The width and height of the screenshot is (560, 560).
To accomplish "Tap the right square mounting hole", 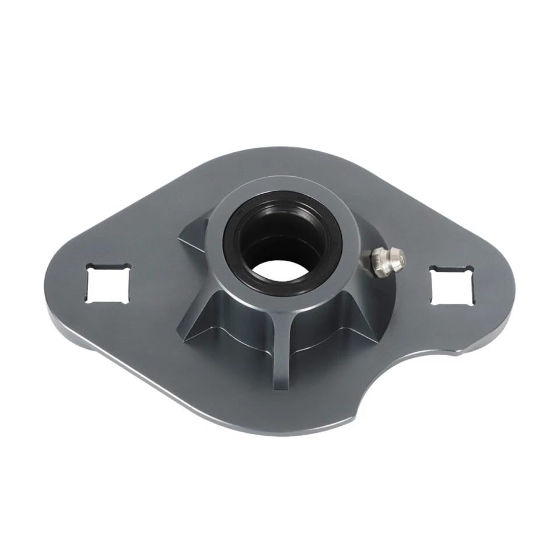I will [x=450, y=285].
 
